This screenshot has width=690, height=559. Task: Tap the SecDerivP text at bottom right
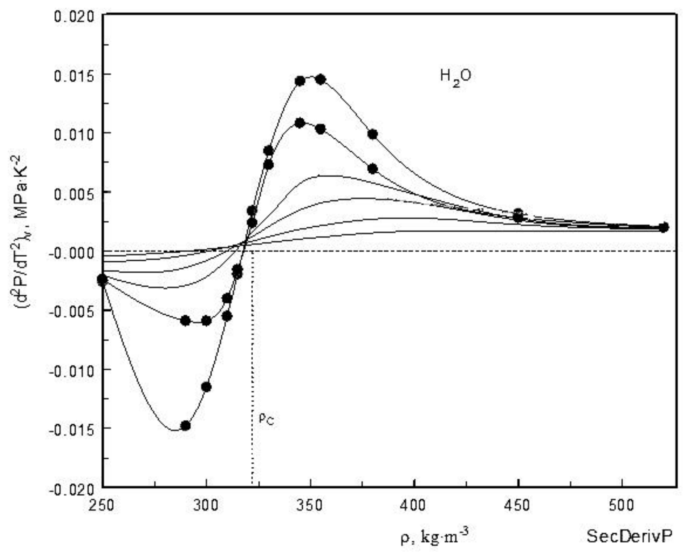click(629, 536)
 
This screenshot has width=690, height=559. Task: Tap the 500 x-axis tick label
click(622, 505)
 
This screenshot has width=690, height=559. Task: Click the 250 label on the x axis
click(102, 505)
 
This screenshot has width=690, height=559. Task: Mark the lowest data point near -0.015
click(185, 425)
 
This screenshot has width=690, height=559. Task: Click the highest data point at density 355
click(320, 79)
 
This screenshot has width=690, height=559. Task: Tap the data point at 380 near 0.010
click(373, 134)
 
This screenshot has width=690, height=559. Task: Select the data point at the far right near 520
click(663, 227)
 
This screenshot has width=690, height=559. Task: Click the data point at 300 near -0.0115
click(206, 387)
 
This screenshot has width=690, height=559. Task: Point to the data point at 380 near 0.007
click(373, 169)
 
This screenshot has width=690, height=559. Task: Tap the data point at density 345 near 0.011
click(300, 123)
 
